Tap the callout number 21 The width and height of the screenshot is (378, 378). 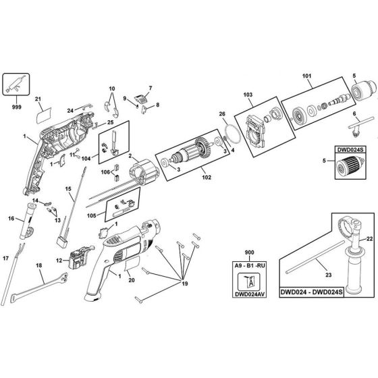click(38, 99)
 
